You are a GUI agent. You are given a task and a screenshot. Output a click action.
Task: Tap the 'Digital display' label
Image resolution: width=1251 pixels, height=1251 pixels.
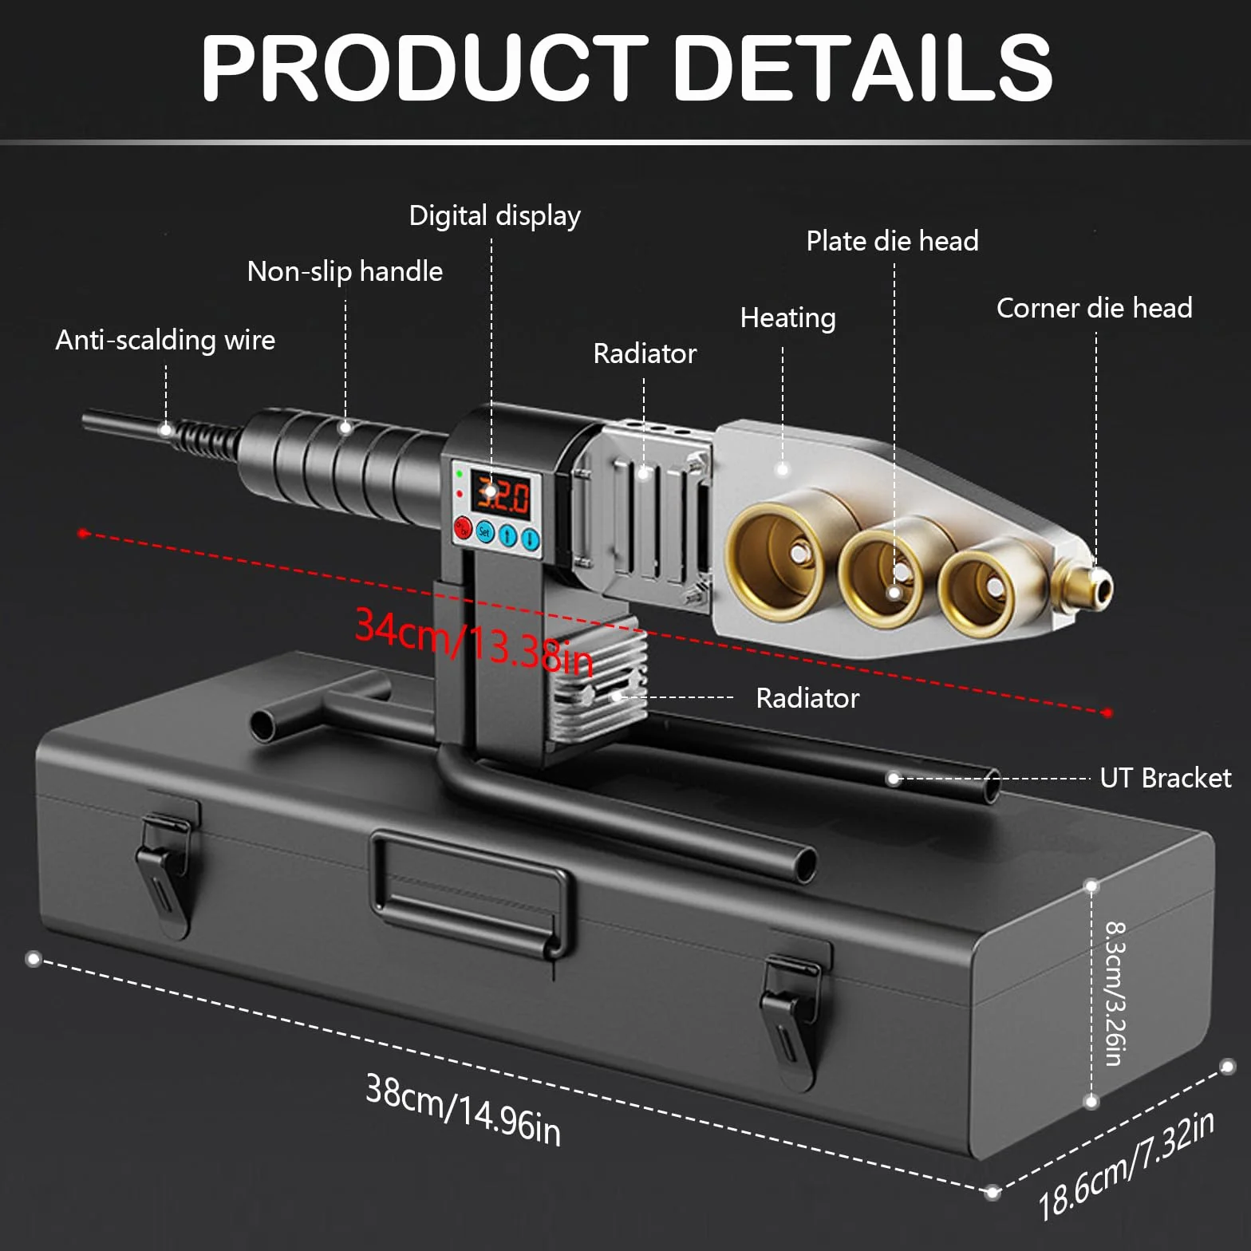(x=495, y=215)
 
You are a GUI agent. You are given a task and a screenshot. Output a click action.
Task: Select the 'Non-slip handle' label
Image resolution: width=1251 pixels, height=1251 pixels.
(x=345, y=271)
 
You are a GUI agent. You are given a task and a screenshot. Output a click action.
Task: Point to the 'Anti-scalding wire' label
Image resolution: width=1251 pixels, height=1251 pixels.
(x=165, y=340)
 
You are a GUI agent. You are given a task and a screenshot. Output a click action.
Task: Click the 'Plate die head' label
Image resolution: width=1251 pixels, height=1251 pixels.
(x=892, y=241)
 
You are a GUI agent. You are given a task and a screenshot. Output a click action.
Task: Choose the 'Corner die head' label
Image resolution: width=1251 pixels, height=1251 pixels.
(x=1094, y=308)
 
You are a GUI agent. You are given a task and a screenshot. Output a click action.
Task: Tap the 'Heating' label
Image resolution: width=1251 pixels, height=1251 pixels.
(x=787, y=318)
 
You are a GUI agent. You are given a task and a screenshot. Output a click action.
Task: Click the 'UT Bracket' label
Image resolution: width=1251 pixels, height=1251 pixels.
(x=1165, y=778)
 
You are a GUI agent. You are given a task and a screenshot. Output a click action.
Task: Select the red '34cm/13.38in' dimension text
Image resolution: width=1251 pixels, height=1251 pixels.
(x=475, y=641)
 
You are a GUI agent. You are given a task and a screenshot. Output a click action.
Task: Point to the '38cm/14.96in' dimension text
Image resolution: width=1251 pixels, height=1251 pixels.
(x=464, y=1109)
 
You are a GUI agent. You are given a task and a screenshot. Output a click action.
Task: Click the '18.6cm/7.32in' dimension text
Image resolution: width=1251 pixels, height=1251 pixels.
(x=1127, y=1165)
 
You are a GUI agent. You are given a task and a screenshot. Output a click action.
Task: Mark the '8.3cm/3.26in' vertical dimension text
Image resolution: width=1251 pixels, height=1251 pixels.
(x=1114, y=993)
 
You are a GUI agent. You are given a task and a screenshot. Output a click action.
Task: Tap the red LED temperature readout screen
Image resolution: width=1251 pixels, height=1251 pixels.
(x=499, y=494)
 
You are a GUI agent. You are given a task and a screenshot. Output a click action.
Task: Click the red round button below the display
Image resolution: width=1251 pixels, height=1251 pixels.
(x=463, y=527)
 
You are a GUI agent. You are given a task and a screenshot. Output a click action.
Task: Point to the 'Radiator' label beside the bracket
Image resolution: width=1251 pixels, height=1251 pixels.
(x=807, y=698)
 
